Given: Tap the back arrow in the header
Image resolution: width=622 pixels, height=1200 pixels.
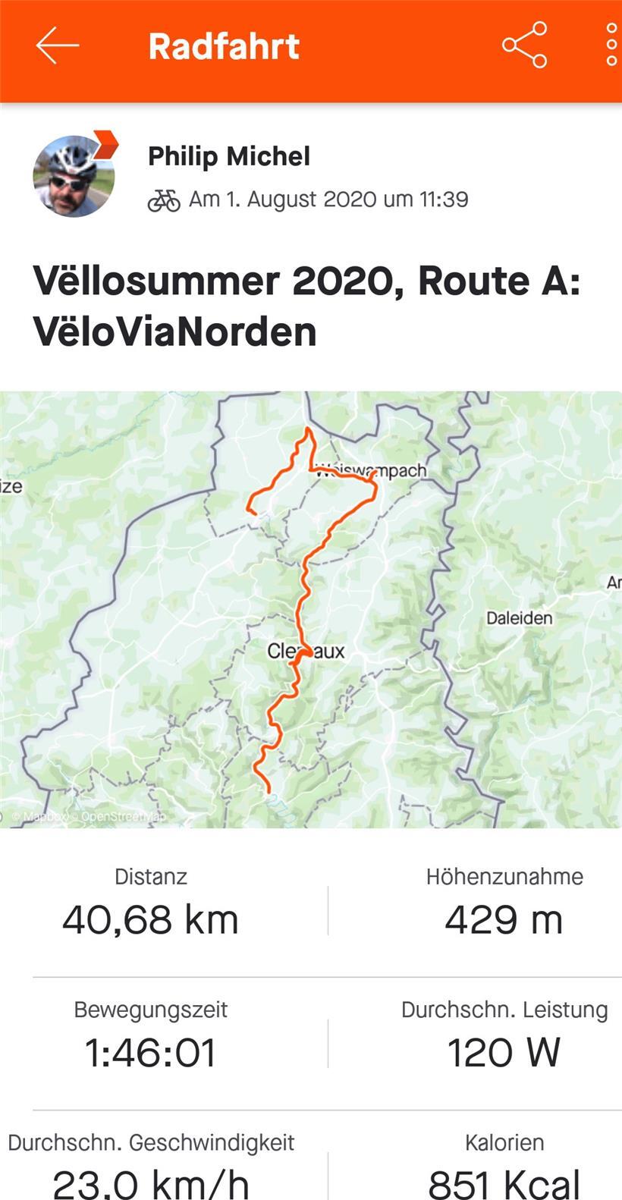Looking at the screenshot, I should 57,46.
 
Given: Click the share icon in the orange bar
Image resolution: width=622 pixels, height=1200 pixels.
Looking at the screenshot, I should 524,46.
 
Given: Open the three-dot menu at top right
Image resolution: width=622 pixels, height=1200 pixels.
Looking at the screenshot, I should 611,46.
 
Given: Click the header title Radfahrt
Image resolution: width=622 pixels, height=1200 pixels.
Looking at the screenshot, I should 224,46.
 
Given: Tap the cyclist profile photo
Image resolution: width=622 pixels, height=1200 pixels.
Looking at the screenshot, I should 74,176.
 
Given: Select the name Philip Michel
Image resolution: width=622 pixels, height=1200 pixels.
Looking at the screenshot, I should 229,156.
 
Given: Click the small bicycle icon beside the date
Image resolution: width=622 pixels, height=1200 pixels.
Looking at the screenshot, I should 164,200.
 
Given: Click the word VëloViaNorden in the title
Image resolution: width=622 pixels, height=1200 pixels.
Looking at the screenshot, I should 175,332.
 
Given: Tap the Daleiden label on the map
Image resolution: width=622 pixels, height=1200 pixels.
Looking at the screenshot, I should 519,618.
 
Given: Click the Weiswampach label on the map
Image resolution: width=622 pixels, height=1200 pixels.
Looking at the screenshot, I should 372,470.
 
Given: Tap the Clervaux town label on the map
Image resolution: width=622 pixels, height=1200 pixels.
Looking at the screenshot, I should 306,651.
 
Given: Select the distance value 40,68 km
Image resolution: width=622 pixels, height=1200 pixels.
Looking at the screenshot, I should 150,920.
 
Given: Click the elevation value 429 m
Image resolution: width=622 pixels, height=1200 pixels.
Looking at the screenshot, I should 504,920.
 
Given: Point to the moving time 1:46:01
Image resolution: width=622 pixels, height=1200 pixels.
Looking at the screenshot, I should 150,1053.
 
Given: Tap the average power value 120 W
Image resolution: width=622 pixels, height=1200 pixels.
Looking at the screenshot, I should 504,1053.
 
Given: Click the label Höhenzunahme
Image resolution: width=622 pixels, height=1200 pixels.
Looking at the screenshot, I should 504,877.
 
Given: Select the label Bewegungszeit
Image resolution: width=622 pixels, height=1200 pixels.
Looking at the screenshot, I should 150,1010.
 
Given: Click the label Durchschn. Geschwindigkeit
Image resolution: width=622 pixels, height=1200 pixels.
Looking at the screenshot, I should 151,1142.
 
